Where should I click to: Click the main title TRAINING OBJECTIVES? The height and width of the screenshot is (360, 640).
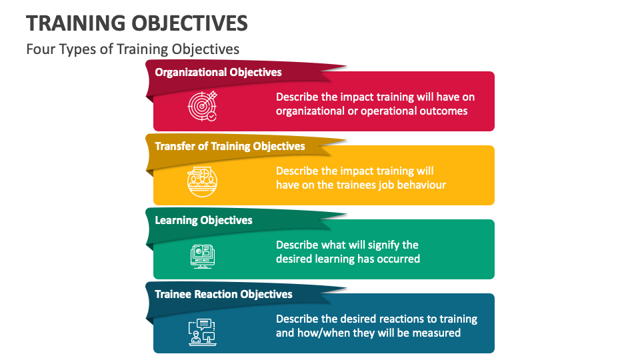pos(137,23)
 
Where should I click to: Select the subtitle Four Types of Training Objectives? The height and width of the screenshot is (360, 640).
pos(133,49)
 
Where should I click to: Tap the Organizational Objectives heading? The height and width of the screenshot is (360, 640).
pos(218,72)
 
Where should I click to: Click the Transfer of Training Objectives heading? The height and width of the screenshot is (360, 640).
pos(229,146)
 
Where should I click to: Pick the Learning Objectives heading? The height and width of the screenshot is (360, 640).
pos(203,220)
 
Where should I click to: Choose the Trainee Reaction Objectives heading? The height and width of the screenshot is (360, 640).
pos(223,294)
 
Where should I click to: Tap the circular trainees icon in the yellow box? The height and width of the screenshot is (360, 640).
pos(202,181)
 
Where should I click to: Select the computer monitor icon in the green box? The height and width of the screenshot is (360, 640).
pos(202,255)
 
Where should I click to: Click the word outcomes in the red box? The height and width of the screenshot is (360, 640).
pos(443,111)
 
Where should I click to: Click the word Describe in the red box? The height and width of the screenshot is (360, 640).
pos(298,97)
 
